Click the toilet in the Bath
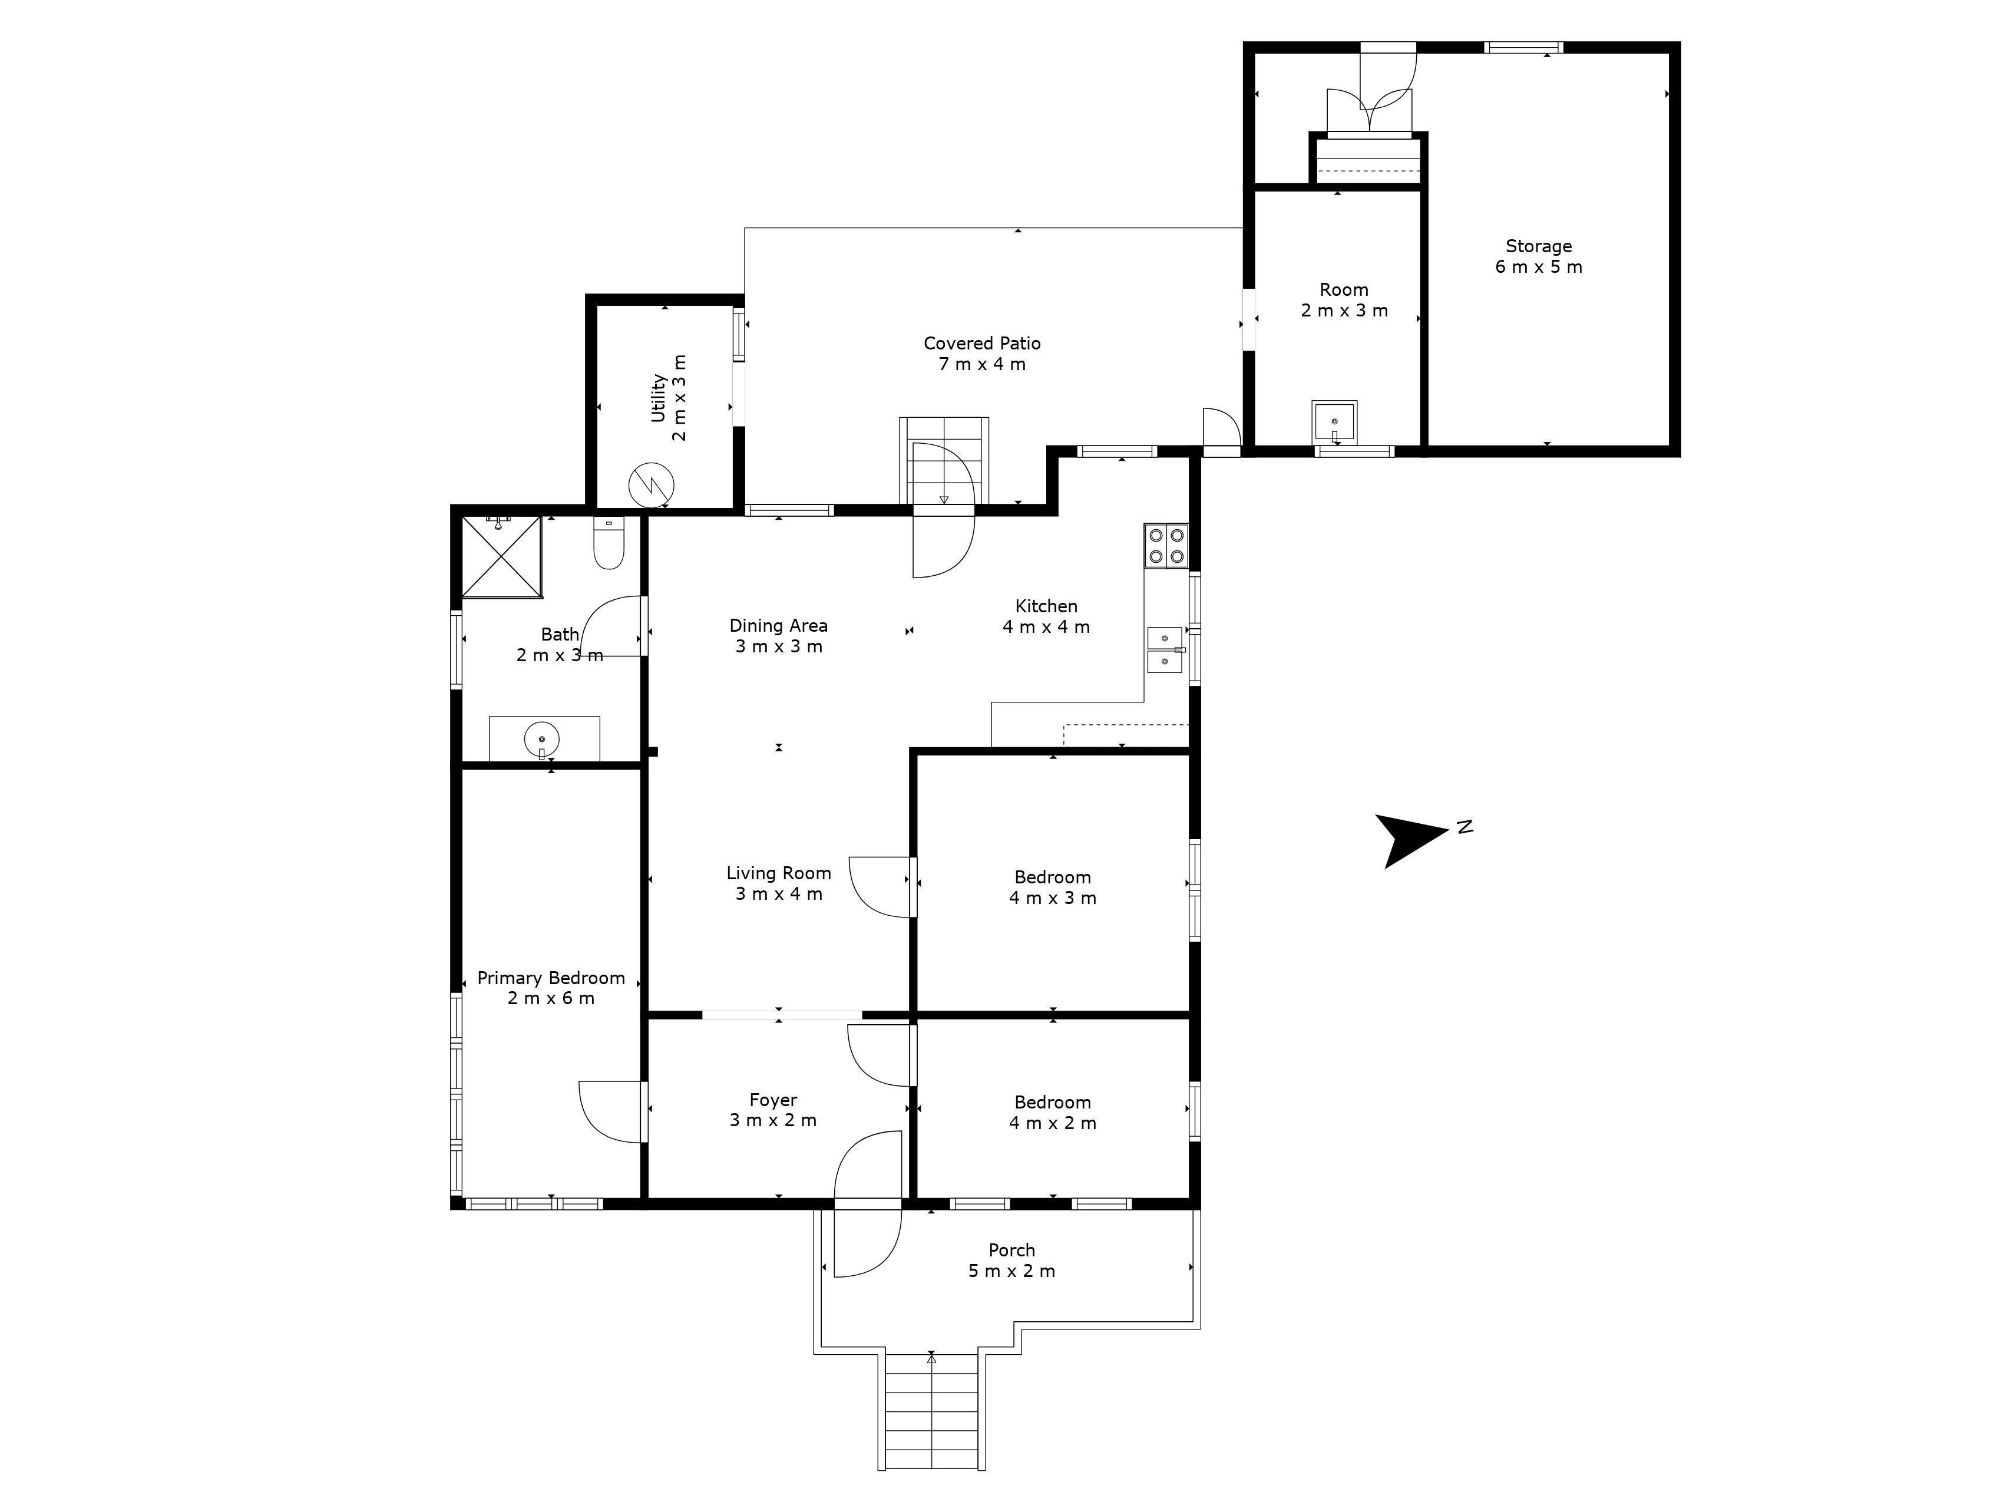click(608, 543)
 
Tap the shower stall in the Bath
click(501, 556)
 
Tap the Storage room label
click(1538, 256)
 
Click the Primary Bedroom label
click(551, 988)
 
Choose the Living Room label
click(779, 883)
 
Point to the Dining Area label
click(779, 635)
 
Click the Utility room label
click(669, 398)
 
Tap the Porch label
click(1011, 1260)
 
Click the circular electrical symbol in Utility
click(652, 484)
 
